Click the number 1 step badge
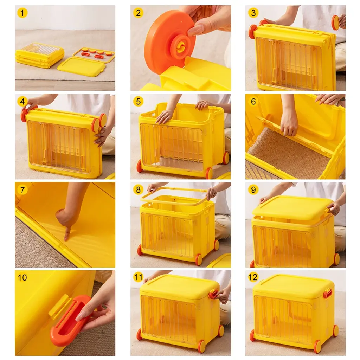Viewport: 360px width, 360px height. (22, 13)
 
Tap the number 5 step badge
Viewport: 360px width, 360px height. (138, 101)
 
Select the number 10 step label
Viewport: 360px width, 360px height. (22, 278)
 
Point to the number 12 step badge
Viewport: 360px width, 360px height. (253, 277)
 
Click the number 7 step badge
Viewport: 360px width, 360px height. (22, 190)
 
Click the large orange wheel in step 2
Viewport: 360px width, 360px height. (170, 41)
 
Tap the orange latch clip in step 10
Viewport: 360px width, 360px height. (71, 320)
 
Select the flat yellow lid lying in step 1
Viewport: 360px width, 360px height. (82, 67)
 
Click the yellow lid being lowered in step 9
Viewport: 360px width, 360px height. (293, 207)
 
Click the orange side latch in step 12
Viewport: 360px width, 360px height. (328, 294)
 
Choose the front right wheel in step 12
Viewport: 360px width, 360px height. (318, 347)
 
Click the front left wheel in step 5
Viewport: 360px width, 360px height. (140, 166)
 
